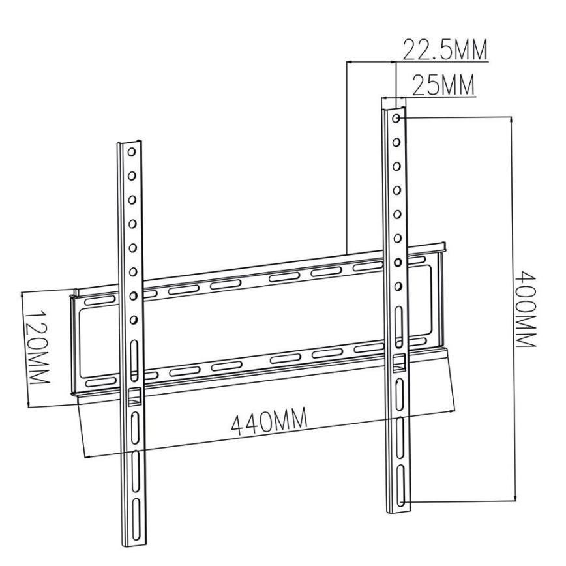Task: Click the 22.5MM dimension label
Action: pos(445,51)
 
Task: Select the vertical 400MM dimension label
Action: pos(525,310)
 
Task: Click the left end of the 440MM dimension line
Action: pos(86,455)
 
